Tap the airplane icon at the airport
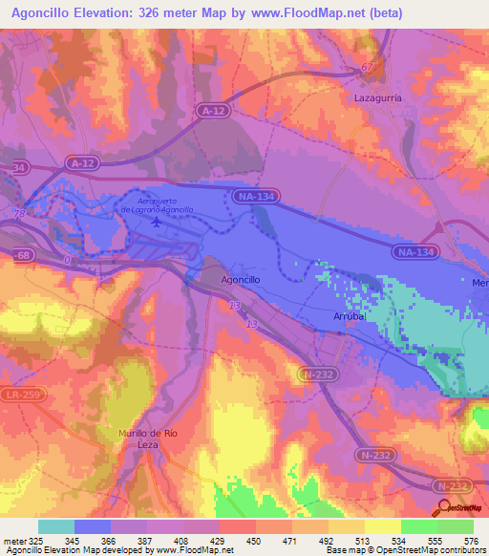coord(158,222)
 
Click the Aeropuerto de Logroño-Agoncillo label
coord(156,203)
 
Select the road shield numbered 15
coord(251,326)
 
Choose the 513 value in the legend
coord(346,540)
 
